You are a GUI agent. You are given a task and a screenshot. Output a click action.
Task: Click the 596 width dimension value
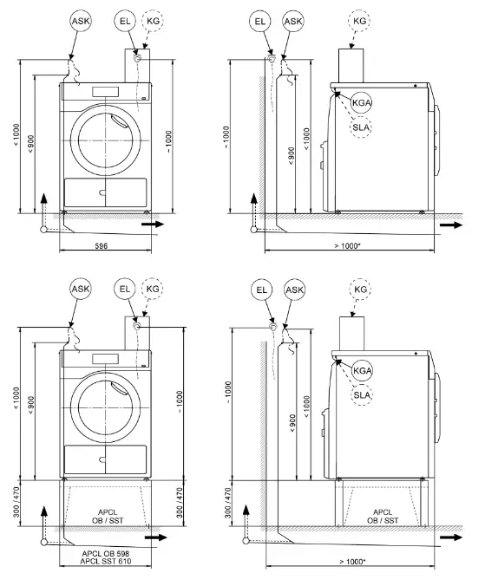pyautogui.click(x=102, y=247)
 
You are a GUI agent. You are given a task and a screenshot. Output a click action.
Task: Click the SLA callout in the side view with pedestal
pyautogui.click(x=361, y=395)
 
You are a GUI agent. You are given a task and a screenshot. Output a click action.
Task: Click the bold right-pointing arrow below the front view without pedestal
pyautogui.click(x=153, y=224)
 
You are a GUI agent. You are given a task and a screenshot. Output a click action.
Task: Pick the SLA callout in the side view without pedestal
pyautogui.click(x=361, y=127)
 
